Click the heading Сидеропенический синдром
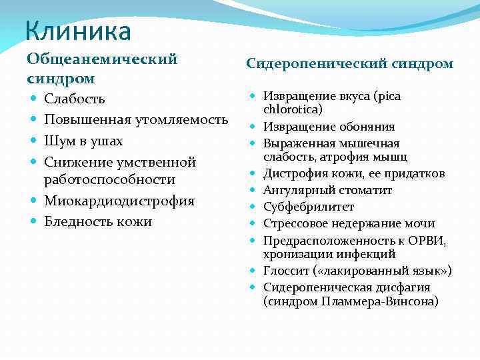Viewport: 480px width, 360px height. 349,64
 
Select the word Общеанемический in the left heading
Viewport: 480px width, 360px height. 102,59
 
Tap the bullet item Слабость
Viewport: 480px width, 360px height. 74,99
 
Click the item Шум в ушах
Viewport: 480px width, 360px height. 83,141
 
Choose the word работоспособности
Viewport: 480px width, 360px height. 109,180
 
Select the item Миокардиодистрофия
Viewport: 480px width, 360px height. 119,201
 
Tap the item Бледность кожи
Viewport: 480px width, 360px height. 97,221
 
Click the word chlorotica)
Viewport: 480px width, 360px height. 293,109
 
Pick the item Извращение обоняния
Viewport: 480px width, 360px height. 329,127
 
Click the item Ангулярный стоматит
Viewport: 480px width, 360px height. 327,190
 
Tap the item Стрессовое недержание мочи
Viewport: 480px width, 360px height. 349,223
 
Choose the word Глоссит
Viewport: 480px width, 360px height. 285,271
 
